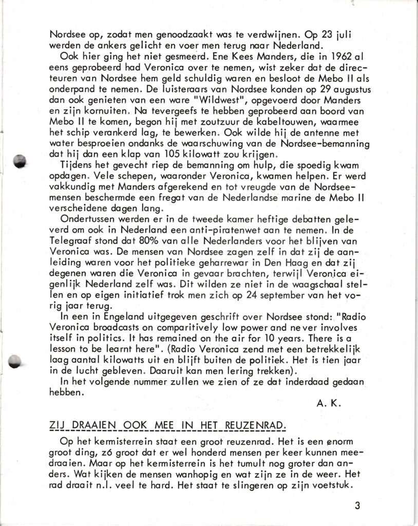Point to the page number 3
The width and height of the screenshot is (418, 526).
(357, 505)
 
